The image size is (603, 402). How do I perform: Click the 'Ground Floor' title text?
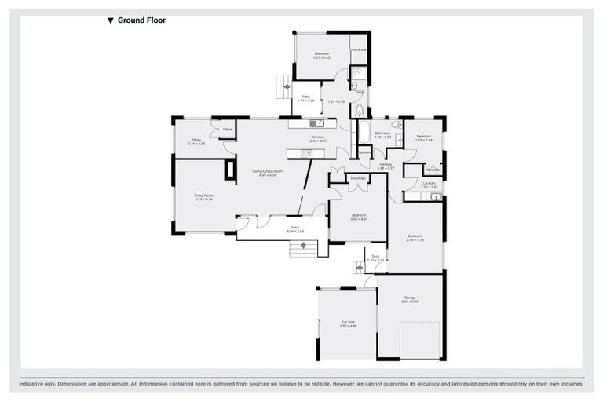tap(141, 21)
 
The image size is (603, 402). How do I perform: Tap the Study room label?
tap(197, 142)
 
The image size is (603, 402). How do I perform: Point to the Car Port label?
tap(348, 323)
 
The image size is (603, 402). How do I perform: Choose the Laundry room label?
tap(428, 185)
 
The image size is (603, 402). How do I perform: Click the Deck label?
tap(375, 258)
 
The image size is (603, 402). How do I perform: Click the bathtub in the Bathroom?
tap(364, 133)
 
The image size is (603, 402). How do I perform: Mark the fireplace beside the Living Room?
tap(229, 170)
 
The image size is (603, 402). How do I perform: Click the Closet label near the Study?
tap(227, 130)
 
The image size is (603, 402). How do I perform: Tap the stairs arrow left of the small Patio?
tap(287, 86)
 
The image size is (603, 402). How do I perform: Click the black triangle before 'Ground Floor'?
tap(111, 21)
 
